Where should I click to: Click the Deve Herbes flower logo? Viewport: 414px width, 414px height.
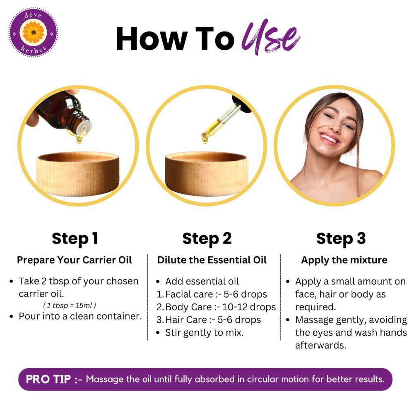click(x=33, y=32)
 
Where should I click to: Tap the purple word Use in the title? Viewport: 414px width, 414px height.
click(x=271, y=39)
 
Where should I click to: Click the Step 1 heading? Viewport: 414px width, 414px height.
click(x=75, y=238)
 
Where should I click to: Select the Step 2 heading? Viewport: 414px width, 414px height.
click(x=207, y=238)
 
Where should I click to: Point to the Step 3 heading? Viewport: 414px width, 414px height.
click(x=341, y=238)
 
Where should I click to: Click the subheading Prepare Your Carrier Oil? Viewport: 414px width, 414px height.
click(x=75, y=260)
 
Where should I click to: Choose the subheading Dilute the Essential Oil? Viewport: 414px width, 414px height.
click(x=212, y=260)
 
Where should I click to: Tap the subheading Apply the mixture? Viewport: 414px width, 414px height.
click(x=344, y=260)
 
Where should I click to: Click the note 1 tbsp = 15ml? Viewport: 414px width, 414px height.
click(x=70, y=306)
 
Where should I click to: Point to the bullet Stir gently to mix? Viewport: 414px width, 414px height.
click(x=204, y=332)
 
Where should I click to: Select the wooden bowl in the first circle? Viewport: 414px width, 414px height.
click(x=77, y=173)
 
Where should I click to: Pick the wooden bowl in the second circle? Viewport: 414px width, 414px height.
click(x=206, y=173)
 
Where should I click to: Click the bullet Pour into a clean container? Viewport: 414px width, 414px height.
click(x=80, y=316)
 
